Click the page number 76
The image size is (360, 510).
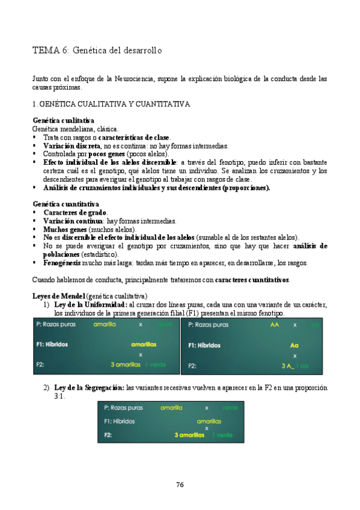coord(180,484)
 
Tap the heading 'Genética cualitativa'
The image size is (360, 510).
coord(63,120)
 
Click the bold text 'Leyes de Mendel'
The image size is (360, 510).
coord(58,296)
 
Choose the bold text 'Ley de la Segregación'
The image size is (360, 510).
coord(90,388)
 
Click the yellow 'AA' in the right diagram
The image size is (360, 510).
coord(275,325)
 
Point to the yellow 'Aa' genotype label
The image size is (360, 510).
coord(294,345)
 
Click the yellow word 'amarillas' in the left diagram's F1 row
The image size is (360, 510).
coord(144,345)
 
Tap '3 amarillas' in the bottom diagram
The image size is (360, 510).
coord(189,435)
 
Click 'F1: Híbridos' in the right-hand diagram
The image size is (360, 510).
coord(208,345)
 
